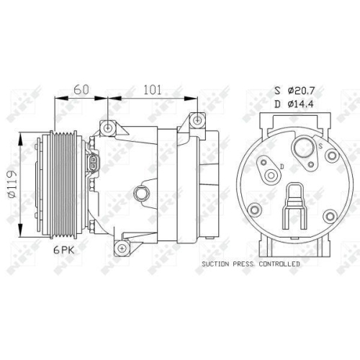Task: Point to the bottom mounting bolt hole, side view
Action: tap(123, 248)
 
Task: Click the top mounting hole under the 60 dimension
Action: tap(108, 127)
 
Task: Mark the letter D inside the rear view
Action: tap(282, 167)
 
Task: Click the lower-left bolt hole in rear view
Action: tap(253, 210)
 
